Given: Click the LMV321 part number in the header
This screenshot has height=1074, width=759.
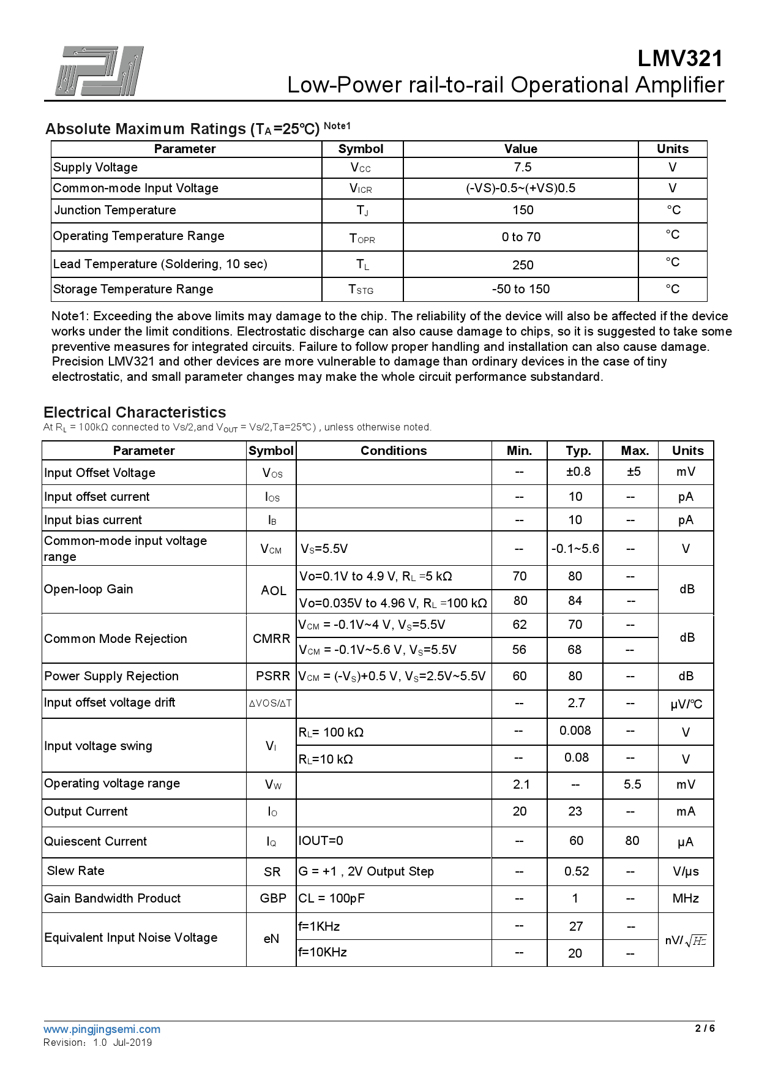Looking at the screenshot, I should [x=679, y=59].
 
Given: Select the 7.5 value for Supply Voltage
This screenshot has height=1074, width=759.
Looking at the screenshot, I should [x=522, y=167].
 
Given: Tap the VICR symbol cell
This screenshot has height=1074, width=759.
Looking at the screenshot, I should [x=361, y=189].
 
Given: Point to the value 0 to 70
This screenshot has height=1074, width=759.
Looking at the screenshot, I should [x=521, y=237].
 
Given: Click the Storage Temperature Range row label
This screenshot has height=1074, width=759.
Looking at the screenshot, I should [x=133, y=289].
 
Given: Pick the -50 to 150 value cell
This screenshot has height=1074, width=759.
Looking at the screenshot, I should [x=521, y=289].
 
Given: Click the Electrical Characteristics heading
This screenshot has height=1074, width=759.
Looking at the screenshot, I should [x=135, y=412].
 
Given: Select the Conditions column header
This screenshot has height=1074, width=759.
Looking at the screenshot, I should [x=394, y=451].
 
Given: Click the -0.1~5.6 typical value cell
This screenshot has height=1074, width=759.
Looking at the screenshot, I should [x=575, y=549].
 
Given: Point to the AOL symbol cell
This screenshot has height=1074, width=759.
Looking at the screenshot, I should [x=273, y=590].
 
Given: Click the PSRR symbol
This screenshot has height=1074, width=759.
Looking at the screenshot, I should [x=272, y=676].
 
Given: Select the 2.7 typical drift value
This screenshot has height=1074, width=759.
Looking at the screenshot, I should [x=576, y=703].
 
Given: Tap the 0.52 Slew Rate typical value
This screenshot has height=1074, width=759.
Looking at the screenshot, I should [x=577, y=871].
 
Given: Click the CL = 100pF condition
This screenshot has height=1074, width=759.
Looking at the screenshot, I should [x=332, y=898].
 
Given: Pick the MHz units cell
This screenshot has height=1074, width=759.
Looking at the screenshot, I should [x=686, y=898].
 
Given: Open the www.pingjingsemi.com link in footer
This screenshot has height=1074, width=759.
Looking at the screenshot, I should [x=102, y=1029].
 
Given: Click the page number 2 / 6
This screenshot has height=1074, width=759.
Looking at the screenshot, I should [x=705, y=1029].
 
